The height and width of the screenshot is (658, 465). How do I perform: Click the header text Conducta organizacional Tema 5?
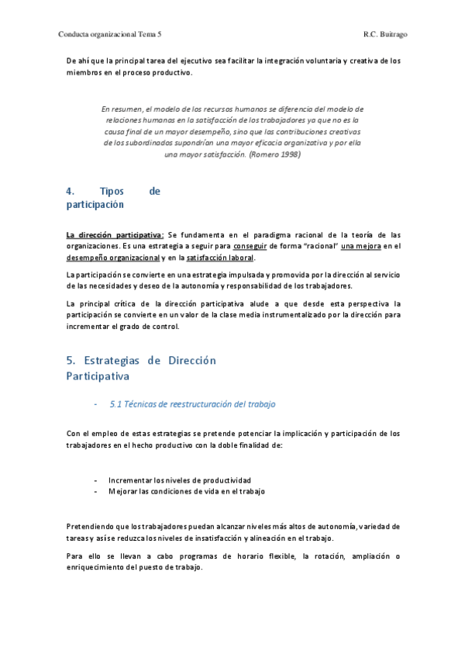pos(115,34)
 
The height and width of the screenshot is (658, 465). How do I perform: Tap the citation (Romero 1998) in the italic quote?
pos(275,154)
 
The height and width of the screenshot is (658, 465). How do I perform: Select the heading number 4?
pos(70,191)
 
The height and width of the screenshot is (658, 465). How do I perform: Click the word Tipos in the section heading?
pos(112,191)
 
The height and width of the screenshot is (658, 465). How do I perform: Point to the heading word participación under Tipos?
pos(95,205)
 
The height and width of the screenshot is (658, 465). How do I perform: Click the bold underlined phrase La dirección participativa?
pos(115,234)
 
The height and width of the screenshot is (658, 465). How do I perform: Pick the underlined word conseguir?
pos(276,246)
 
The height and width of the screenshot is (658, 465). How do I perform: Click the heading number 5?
pos(70,361)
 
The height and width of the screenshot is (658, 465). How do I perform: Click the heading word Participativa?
pos(97,376)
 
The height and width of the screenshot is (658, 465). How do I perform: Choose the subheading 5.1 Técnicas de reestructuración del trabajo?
pos(193,404)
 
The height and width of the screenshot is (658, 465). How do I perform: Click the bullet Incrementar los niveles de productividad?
pos(179,480)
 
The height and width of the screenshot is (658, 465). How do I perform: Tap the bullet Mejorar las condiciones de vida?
pos(186,491)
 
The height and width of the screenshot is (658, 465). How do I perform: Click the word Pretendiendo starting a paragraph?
pos(93,526)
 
